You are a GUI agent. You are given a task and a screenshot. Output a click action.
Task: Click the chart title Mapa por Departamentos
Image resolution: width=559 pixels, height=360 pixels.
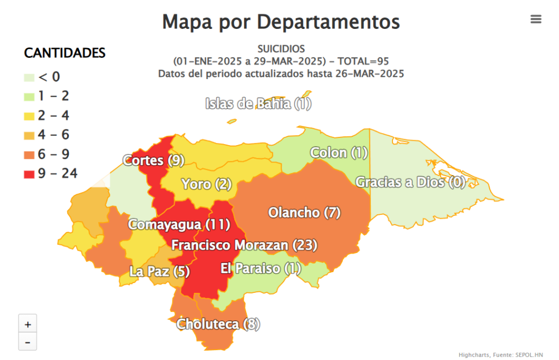(x=281, y=22)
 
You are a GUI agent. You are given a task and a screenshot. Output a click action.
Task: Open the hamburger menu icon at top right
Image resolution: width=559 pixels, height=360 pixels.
(x=536, y=19)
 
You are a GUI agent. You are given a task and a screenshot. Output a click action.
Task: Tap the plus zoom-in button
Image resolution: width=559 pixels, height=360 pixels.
(x=28, y=323)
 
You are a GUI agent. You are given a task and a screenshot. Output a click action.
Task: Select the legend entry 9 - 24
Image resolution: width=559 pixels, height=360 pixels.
(x=51, y=173)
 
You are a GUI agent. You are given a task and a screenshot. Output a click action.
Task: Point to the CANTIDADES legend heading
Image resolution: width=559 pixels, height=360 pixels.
(x=64, y=53)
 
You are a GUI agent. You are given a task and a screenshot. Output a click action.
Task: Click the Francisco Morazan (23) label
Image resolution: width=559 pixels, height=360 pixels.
(x=244, y=245)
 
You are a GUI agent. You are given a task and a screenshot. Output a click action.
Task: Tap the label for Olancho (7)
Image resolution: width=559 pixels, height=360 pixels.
(x=304, y=213)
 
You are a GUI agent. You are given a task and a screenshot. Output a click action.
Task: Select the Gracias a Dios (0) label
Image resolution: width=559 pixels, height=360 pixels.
(x=411, y=182)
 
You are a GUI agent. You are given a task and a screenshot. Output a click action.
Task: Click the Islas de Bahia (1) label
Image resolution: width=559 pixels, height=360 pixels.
(x=258, y=104)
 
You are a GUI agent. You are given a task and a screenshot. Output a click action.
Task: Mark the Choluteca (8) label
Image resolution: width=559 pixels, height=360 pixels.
(x=218, y=324)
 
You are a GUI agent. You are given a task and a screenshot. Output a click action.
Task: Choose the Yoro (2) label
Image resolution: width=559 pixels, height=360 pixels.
(x=207, y=184)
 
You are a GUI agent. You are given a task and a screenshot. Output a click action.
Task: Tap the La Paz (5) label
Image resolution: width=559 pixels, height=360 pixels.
(x=159, y=271)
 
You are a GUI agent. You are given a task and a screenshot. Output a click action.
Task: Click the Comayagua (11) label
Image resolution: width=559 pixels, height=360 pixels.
(x=179, y=224)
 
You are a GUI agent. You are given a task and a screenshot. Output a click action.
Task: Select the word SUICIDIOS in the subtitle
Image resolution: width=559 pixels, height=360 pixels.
(x=281, y=49)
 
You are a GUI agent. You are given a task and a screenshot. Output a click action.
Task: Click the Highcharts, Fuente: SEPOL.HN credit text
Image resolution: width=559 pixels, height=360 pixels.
(x=501, y=355)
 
